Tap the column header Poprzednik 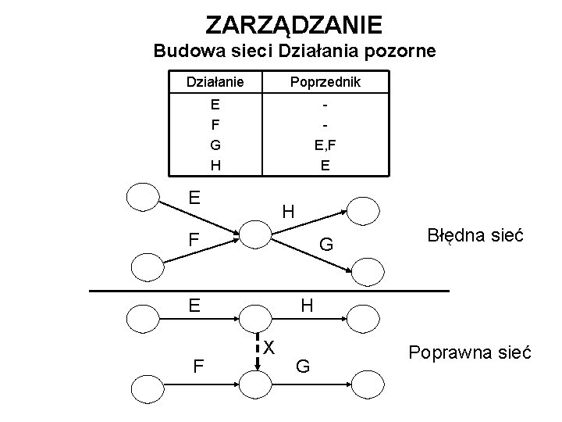click(x=325, y=82)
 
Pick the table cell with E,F click(x=325, y=144)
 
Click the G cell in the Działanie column click(x=214, y=144)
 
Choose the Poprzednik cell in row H click(x=325, y=165)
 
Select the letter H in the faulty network click(x=288, y=211)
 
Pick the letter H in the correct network click(x=307, y=306)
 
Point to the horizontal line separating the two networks click(x=269, y=291)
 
